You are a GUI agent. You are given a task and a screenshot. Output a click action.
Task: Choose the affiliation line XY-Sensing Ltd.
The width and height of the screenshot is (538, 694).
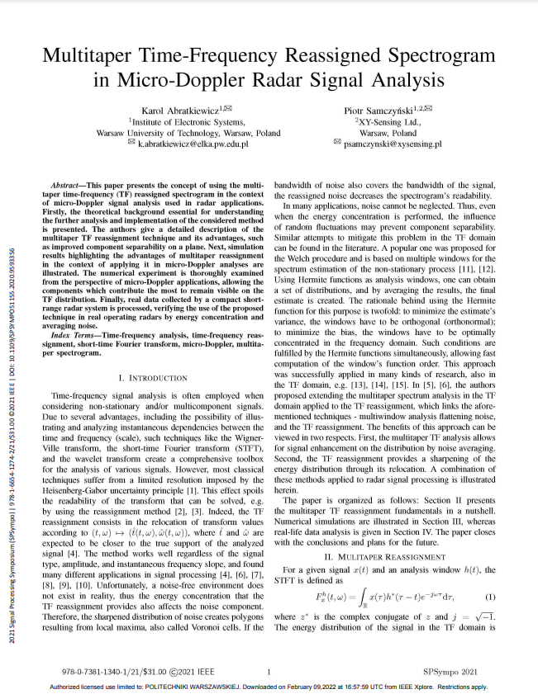(x=388, y=120)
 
